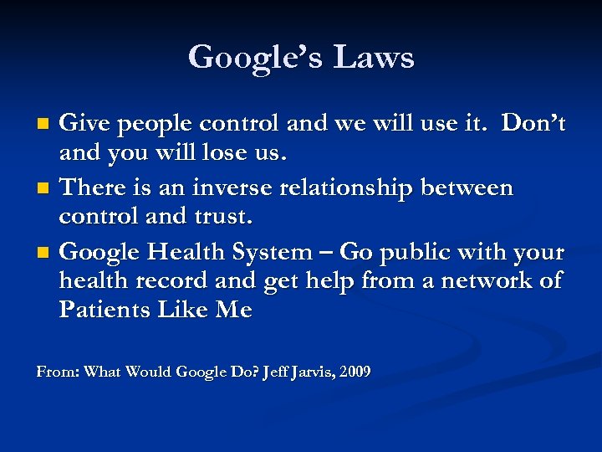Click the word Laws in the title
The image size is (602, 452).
(x=373, y=58)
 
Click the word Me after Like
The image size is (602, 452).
(x=233, y=310)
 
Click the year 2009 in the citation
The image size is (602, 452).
(x=355, y=371)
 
